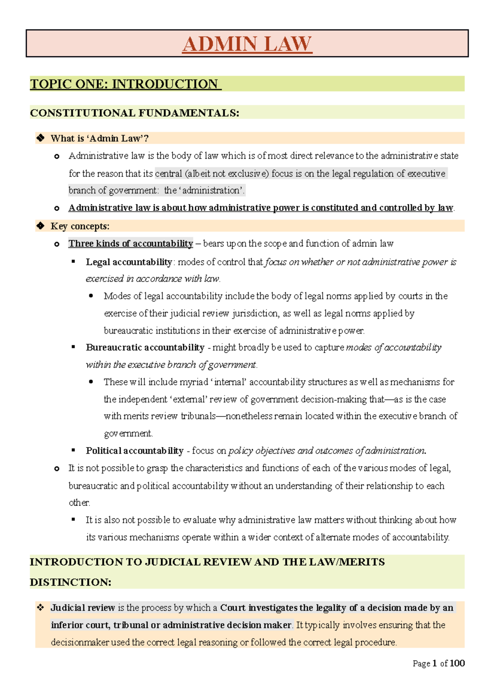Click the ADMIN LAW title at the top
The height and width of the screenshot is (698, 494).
tap(247, 44)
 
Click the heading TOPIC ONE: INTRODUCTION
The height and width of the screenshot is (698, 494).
tap(125, 84)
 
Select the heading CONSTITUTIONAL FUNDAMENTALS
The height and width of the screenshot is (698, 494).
tap(134, 113)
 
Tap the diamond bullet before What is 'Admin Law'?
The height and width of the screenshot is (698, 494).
tap(40, 138)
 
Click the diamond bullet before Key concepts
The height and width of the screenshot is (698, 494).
tap(40, 226)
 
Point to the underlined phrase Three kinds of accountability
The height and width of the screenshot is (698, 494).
tap(130, 243)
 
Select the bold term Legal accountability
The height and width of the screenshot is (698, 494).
tap(128, 262)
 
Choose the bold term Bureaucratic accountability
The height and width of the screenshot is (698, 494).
tap(145, 347)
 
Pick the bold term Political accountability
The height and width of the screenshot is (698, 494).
tap(135, 451)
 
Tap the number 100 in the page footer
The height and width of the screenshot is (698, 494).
tap(457, 663)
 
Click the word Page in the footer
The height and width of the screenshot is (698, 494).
tap(421, 663)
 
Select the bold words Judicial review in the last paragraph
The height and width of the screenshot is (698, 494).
tap(83, 608)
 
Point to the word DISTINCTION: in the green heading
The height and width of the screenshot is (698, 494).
tap(70, 582)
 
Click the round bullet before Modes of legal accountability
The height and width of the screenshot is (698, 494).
tap(91, 296)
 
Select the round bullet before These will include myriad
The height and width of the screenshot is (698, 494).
tap(91, 382)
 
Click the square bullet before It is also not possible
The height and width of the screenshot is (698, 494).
tap(74, 520)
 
